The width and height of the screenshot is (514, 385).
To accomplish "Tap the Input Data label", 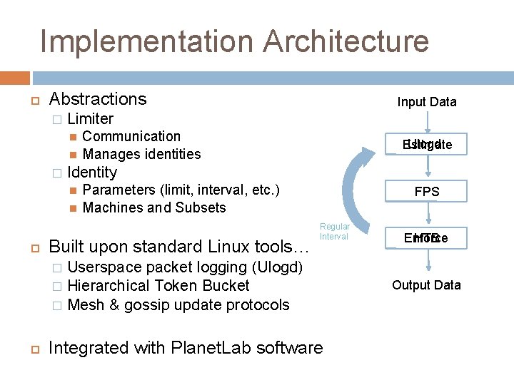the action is click(427, 102).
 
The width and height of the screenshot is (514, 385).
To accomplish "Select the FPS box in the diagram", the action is click(427, 192).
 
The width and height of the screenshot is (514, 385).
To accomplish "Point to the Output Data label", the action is click(427, 285).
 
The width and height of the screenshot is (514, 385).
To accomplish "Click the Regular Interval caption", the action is click(334, 231).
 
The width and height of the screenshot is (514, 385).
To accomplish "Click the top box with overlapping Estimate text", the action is click(427, 145).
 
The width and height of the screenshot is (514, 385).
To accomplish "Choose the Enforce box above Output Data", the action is click(427, 238).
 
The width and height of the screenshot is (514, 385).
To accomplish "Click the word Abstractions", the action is click(98, 99).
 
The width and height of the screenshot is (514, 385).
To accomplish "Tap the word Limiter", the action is click(90, 118).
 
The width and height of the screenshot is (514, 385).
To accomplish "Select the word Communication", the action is click(131, 136).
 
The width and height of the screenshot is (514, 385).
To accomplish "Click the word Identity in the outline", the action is click(91, 172).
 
